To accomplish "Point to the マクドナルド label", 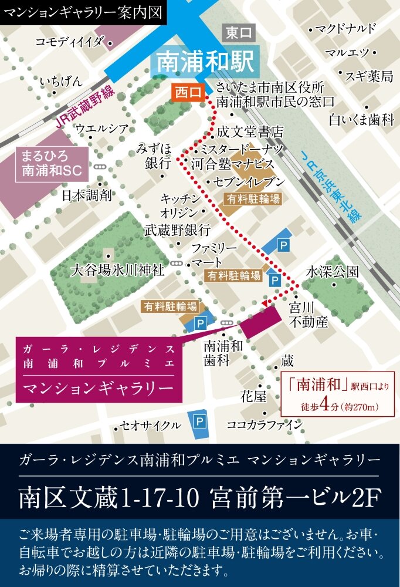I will pyautogui.click(x=345, y=29).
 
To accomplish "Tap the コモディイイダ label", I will pyautogui.click(x=69, y=41).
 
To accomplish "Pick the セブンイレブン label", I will pyautogui.click(x=249, y=181).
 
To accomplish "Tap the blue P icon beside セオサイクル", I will pyautogui.click(x=200, y=421).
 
